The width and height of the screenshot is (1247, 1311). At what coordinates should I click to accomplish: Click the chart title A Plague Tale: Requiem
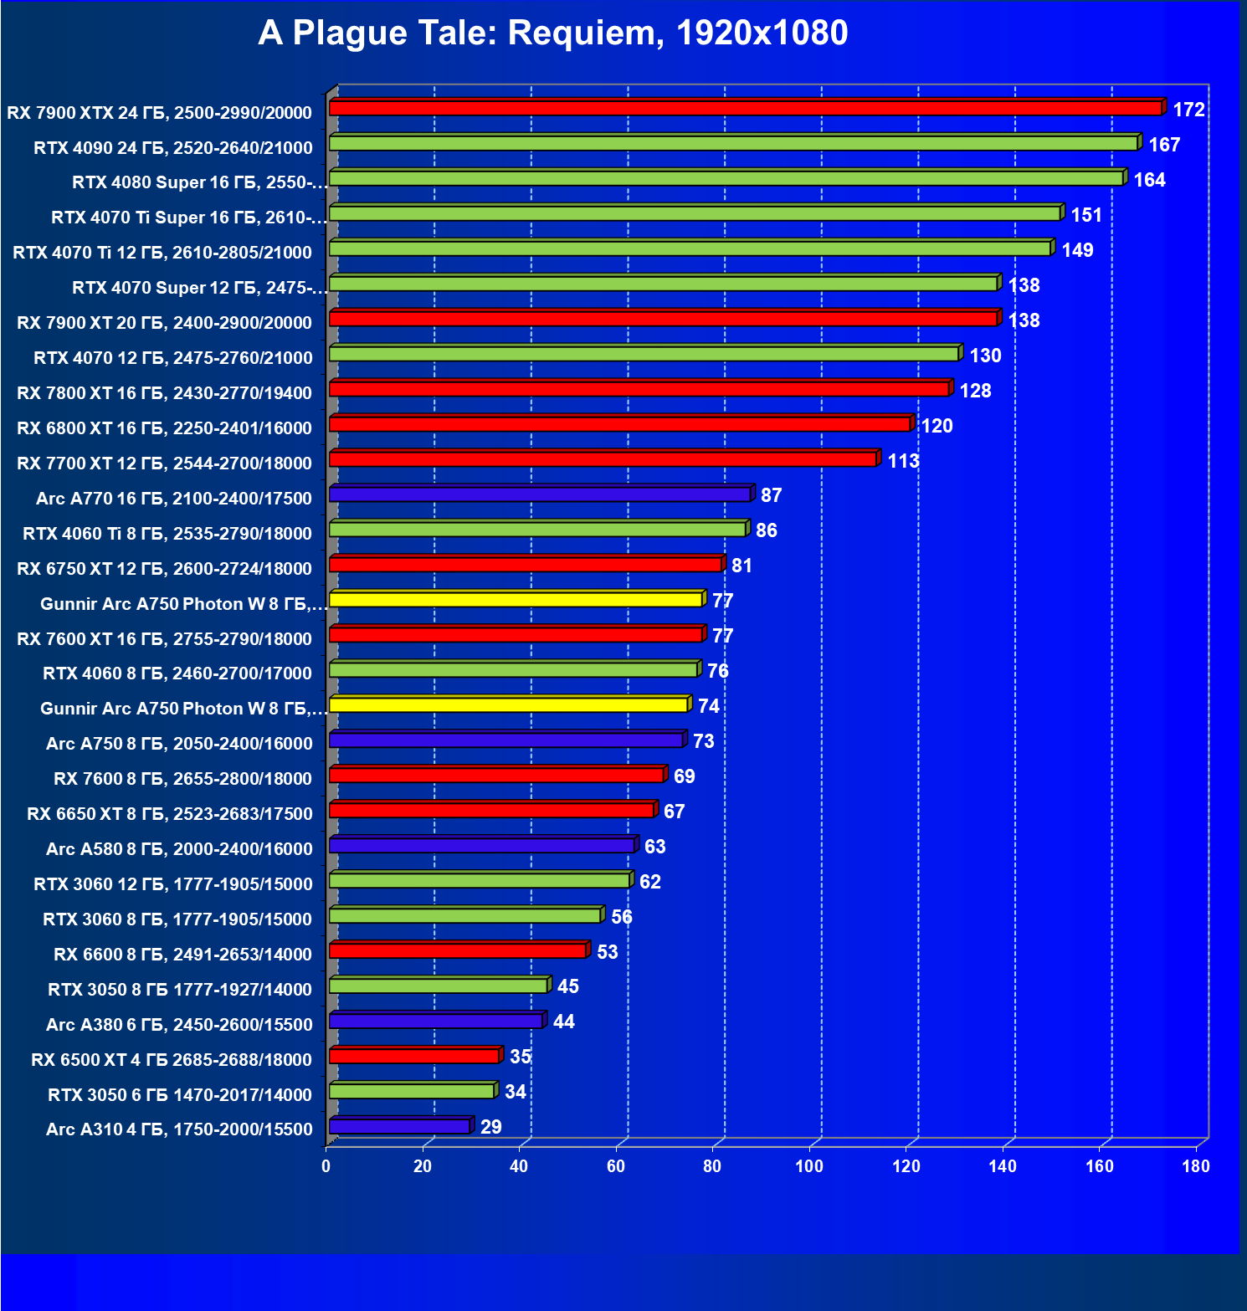point(552,33)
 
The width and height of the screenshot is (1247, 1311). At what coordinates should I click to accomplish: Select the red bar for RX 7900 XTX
point(745,108)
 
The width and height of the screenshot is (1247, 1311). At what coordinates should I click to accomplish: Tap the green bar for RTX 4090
point(733,143)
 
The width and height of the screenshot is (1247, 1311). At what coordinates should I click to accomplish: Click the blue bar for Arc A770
point(540,494)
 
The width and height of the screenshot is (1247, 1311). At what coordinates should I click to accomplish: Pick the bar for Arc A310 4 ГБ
point(400,1126)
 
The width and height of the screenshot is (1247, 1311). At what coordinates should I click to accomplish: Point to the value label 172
point(1188,110)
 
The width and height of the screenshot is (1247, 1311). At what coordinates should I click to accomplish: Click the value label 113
point(903,461)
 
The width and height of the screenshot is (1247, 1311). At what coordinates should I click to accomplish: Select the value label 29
point(490,1127)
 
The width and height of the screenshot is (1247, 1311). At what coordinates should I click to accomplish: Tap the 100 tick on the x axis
point(809,1166)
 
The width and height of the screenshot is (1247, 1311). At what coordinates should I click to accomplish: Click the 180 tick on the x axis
point(1196,1166)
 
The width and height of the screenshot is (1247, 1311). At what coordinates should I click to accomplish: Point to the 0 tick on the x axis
point(326,1166)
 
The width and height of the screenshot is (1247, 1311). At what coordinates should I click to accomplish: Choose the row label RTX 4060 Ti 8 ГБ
point(167,534)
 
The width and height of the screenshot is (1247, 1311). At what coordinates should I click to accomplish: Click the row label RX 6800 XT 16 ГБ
point(164,428)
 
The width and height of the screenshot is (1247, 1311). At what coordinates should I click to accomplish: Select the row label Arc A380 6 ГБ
point(179,1025)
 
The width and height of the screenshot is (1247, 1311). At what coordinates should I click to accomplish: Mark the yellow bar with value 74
point(509,704)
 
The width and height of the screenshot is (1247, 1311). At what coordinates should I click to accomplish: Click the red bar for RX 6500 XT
point(414,1056)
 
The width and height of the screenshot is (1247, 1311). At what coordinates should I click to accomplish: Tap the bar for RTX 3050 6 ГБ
point(412,1091)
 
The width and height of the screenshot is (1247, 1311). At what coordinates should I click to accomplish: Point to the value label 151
point(1086,215)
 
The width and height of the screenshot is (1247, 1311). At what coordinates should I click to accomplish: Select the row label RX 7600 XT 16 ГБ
point(164,639)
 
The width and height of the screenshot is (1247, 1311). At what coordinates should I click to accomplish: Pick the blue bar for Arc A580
point(482,845)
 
